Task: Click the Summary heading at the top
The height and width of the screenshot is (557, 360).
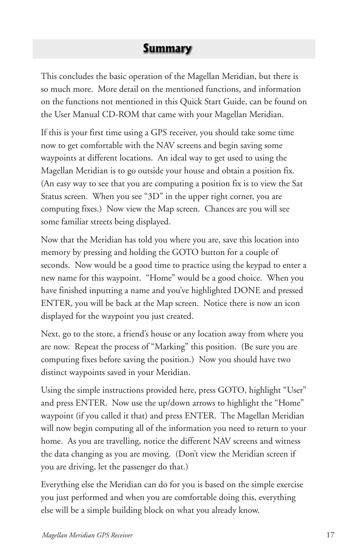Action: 167,49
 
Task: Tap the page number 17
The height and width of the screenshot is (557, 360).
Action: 330,535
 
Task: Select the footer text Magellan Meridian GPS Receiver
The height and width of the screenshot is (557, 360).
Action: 87,535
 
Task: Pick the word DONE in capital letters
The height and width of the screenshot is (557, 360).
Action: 247,290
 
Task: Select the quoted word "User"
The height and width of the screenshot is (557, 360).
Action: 294,390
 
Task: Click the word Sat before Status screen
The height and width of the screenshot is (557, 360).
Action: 297,184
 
